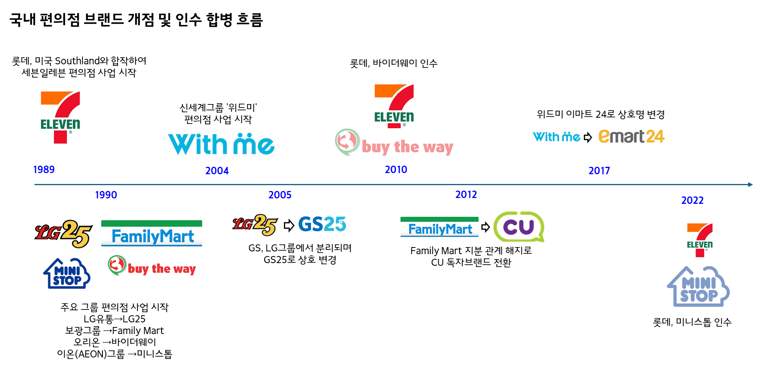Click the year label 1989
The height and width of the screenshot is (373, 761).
[x=44, y=170]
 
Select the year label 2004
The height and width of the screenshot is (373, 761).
[x=217, y=171]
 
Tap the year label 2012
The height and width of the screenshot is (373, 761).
[x=466, y=194]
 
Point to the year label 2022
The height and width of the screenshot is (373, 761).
[x=692, y=200]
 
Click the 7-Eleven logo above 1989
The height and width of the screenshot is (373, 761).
[x=60, y=117]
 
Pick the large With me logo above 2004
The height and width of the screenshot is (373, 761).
[x=221, y=144]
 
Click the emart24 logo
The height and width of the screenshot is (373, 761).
[x=631, y=136]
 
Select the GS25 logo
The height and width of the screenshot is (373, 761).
[x=322, y=224]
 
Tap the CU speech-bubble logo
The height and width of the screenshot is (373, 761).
[x=518, y=226]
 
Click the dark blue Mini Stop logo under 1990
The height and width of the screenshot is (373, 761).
[x=67, y=274]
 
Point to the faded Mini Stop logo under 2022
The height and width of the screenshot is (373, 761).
[x=698, y=287]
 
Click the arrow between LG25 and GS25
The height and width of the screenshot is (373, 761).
[x=289, y=225]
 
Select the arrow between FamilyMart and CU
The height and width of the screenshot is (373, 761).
[x=485, y=227]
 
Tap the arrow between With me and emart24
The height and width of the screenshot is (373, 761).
[x=588, y=137]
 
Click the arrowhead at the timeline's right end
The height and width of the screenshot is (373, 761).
[x=750, y=184]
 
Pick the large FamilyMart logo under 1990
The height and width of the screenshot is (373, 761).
[x=152, y=233]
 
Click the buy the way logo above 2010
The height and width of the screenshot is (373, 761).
[x=394, y=143]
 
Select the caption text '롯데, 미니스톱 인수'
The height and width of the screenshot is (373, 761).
[x=692, y=322]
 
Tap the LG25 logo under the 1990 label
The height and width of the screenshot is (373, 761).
[x=63, y=233]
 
